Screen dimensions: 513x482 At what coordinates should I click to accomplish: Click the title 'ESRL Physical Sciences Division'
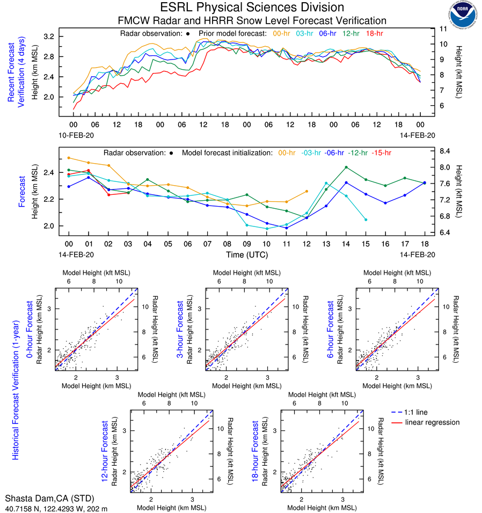(x=252, y=8)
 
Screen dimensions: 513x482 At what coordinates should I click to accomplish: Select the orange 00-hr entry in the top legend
(x=281, y=33)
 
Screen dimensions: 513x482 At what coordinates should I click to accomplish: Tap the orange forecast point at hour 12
(x=306, y=191)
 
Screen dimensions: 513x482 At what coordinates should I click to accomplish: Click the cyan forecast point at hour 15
(x=366, y=219)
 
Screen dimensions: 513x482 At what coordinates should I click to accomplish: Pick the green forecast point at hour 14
(x=346, y=167)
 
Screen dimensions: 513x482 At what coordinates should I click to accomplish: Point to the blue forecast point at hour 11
(x=287, y=228)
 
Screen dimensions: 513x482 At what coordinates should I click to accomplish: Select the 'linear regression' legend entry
(x=432, y=422)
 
